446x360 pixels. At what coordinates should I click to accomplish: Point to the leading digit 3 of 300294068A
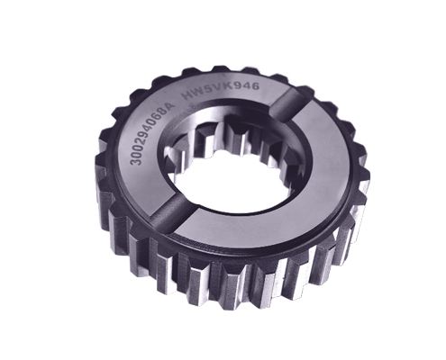pos(135,161)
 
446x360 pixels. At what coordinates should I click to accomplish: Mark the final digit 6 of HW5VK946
pos(254,86)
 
